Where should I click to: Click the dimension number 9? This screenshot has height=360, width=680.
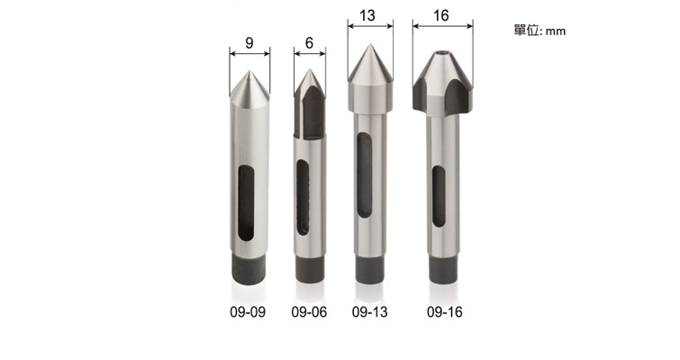tap(249, 43)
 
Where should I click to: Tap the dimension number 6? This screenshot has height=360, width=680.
tap(309, 43)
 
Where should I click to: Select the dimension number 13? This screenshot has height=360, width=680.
tap(367, 15)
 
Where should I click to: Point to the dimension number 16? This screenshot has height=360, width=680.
tap(441, 15)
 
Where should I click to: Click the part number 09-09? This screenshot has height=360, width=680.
tap(248, 312)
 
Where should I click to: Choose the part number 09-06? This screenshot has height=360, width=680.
tap(309, 312)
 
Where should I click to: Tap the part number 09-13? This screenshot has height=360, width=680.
tap(370, 312)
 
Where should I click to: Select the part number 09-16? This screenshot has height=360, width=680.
tap(445, 312)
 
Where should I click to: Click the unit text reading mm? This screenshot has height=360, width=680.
tap(556, 31)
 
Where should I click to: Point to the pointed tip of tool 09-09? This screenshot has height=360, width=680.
tap(249, 71)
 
